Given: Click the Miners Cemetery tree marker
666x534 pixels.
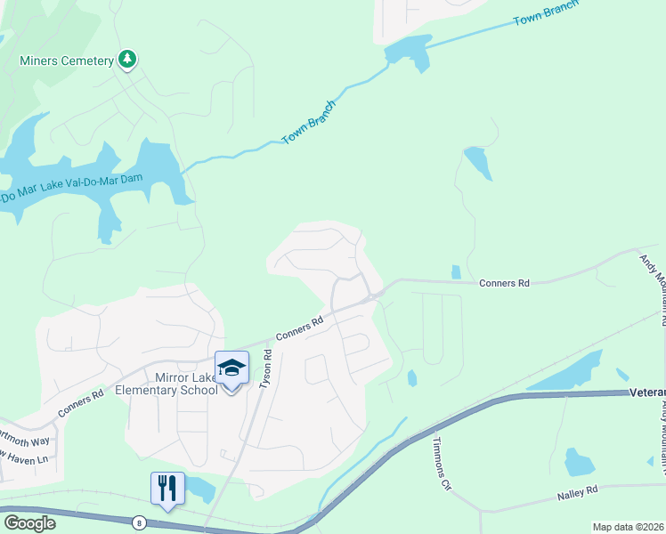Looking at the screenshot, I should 128,60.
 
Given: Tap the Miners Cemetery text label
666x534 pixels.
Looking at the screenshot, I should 67,61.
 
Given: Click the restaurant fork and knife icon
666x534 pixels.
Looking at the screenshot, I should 167,489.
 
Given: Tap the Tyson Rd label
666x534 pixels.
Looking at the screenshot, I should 264,368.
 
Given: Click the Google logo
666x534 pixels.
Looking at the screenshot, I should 29,522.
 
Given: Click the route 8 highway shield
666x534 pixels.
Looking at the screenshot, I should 139,522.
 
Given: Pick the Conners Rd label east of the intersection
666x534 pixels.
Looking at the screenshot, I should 504,283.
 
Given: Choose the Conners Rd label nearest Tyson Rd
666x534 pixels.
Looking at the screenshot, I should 298,329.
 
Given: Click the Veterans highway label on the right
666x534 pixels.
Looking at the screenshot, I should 646,392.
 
